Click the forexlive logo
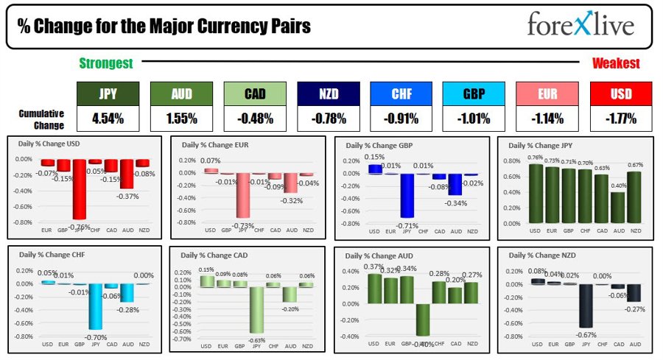coord(580,27)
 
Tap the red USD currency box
coord(621,94)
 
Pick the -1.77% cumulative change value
coord(621,117)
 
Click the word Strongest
coord(106,64)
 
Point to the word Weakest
coord(616,64)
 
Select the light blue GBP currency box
coord(474,94)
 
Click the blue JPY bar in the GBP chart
coord(406,195)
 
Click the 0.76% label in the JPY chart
coord(536,157)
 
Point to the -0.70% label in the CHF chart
coord(94,337)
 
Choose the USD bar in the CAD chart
coord(208,281)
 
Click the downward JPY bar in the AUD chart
coord(422,320)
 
